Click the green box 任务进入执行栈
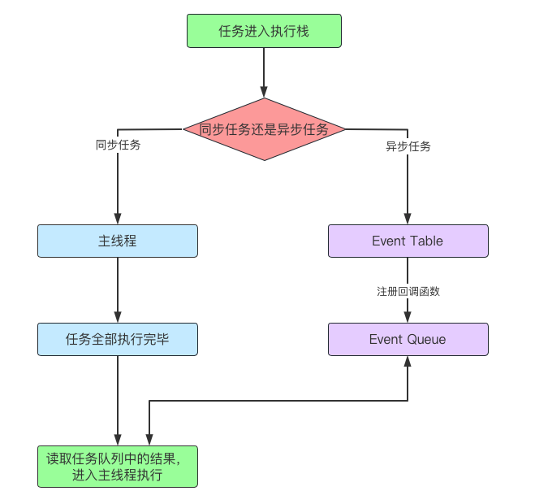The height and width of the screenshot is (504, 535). tap(264, 31)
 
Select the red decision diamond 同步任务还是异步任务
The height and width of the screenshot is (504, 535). tap(264, 129)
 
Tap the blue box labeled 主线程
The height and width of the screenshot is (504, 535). tap(118, 241)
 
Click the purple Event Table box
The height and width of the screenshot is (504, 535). tap(408, 241)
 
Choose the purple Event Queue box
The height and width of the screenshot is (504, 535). tap(408, 339)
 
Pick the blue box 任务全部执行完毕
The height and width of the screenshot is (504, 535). tap(118, 339)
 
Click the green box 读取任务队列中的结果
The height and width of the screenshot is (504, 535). tap(118, 467)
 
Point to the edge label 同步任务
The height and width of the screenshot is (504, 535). tap(118, 145)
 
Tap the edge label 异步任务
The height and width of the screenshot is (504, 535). tap(408, 146)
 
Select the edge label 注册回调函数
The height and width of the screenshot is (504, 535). tap(408, 292)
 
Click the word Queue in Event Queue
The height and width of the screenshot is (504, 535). tap(426, 339)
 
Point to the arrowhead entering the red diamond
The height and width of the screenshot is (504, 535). tap(264, 92)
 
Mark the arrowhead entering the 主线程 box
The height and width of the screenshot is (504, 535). tap(118, 219)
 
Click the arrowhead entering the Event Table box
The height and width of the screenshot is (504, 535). tap(408, 219)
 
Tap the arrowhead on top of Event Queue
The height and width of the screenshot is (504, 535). tap(408, 317)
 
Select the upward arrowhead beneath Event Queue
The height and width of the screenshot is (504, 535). tap(408, 362)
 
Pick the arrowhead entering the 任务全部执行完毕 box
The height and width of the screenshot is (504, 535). tap(118, 317)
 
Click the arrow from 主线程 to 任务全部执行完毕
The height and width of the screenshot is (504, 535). tap(118, 290)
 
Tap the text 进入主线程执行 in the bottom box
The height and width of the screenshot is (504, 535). tap(118, 475)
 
